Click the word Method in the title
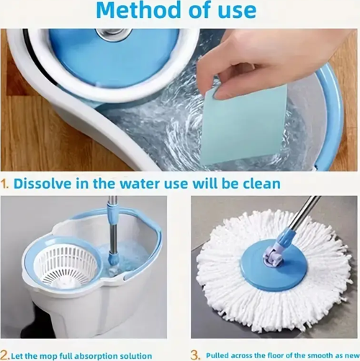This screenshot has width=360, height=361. pos(139,10)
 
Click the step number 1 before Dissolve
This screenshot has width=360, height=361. pos(5,184)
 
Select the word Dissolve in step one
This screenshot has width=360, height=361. pos(42,184)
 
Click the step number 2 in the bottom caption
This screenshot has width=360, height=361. pos(5,355)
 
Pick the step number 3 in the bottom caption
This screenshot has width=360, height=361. pos(195,355)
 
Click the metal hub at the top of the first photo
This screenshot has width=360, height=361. pos(113,32)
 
